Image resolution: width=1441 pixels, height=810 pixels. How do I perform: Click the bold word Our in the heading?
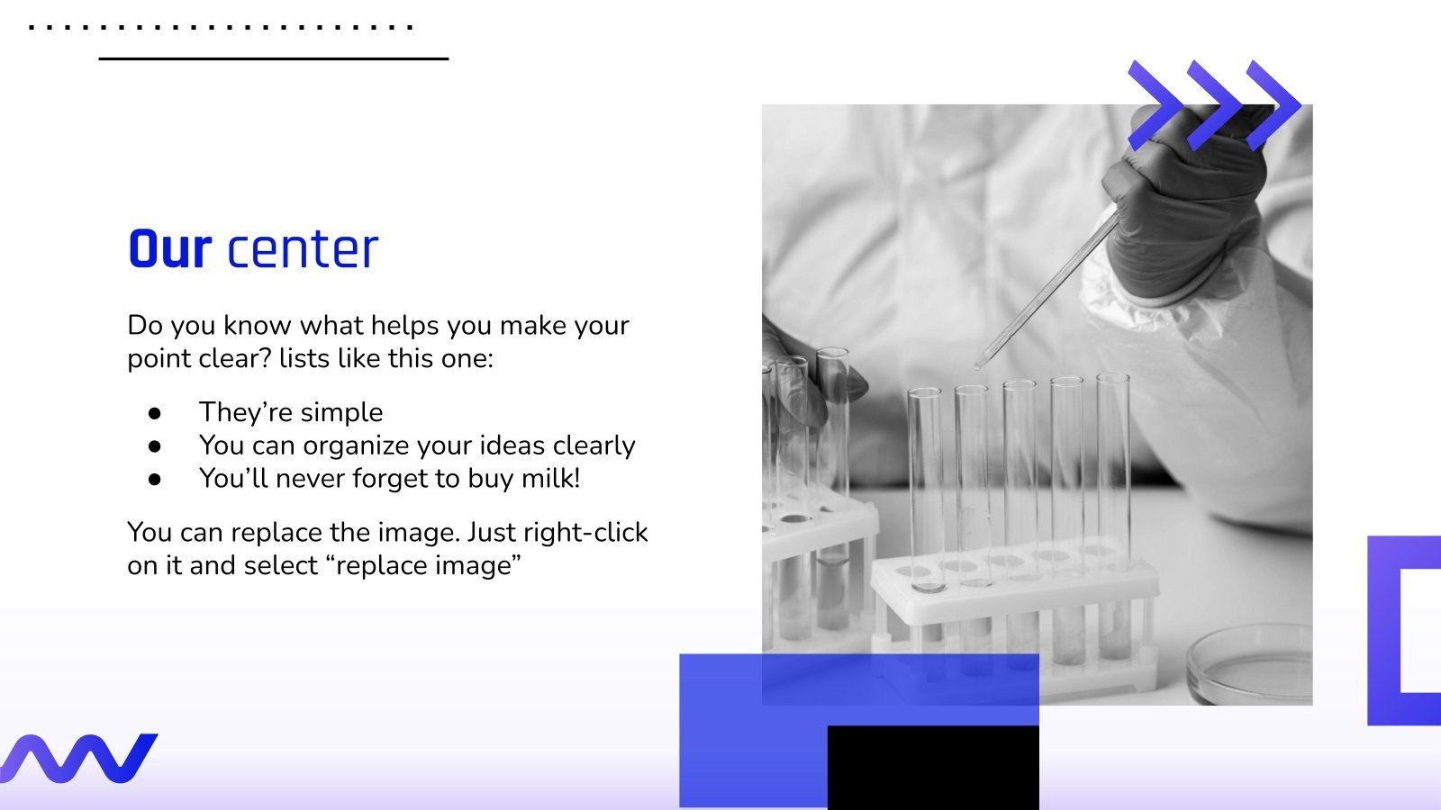[169, 249]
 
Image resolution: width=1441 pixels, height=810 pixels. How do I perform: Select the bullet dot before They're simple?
[155, 413]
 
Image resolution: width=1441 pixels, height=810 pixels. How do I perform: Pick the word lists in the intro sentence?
[304, 358]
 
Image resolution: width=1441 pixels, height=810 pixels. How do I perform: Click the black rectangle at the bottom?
[932, 768]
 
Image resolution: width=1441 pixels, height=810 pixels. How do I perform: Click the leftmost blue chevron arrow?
[1156, 105]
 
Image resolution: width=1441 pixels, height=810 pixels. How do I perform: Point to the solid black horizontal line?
[273, 59]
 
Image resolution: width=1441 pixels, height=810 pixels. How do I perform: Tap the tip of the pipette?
[978, 365]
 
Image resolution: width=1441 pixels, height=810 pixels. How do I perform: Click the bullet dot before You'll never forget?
[155, 480]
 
